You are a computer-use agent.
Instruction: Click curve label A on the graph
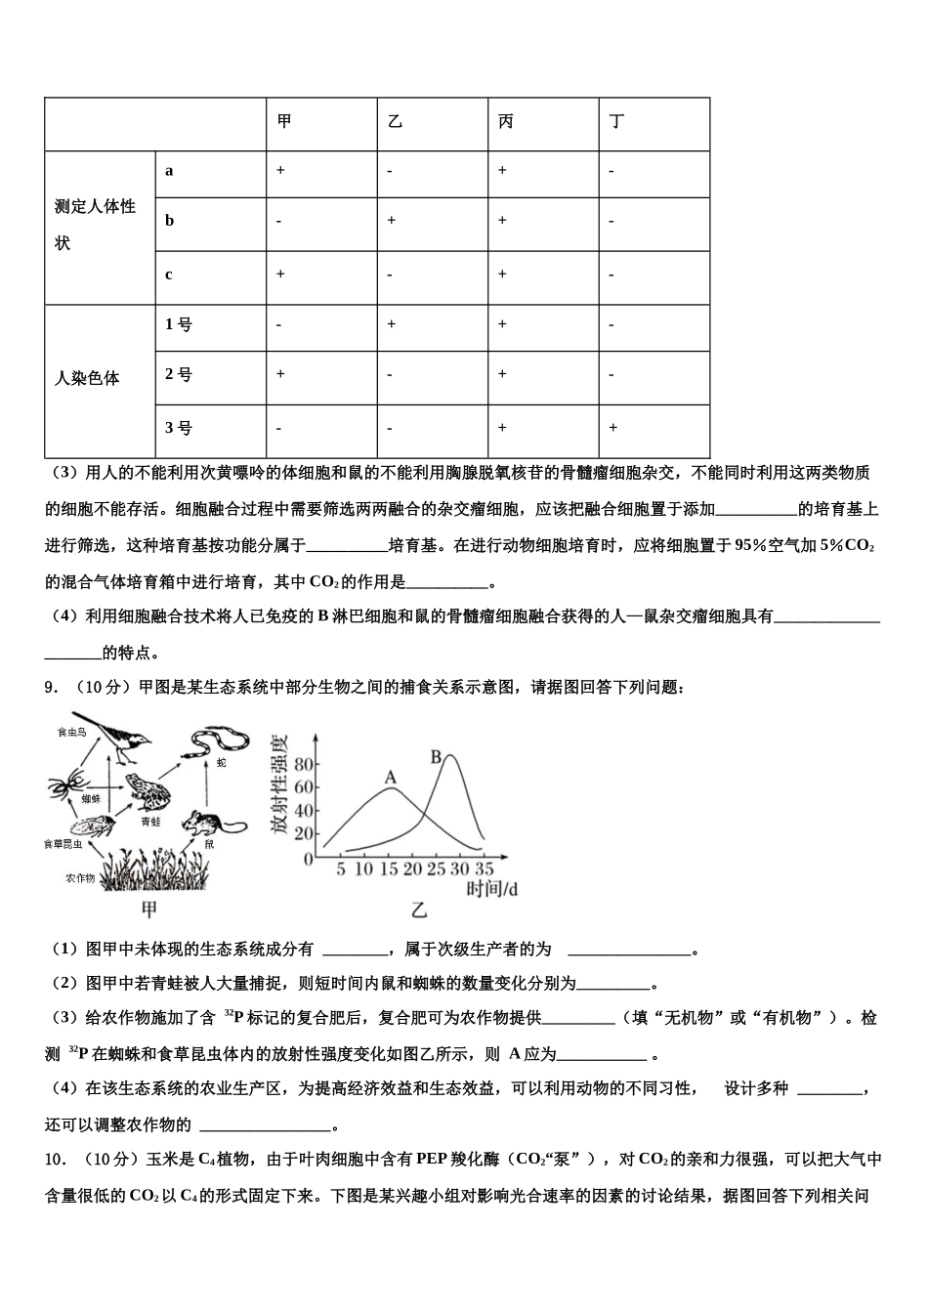[x=390, y=778]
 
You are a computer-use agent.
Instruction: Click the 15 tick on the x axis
[x=388, y=868]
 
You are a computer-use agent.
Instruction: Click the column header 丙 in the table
[x=506, y=122]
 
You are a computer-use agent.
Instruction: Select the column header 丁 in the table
[x=616, y=122]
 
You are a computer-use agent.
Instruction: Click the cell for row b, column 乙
[x=391, y=221]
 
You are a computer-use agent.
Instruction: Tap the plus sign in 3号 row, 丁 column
[x=612, y=427]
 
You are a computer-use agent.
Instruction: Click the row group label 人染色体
[x=87, y=378]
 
